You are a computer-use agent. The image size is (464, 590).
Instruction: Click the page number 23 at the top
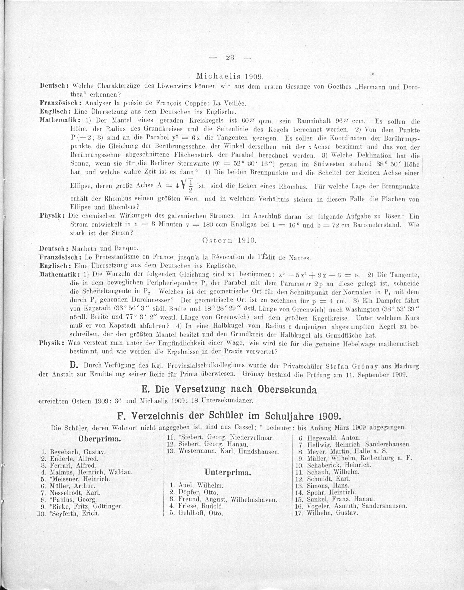tap(230, 58)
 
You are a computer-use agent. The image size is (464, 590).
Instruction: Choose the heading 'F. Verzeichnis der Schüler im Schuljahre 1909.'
tap(229, 416)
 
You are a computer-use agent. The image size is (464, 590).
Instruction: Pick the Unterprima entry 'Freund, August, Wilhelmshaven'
tap(227, 500)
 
